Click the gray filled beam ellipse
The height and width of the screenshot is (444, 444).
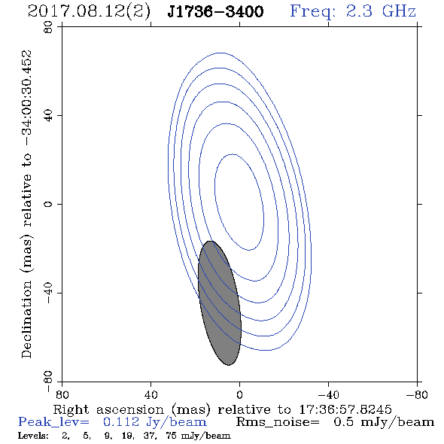220,303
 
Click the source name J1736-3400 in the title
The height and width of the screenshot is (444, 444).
215,11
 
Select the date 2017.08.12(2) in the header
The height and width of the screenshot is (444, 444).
89,12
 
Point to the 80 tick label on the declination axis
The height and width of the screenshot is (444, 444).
48,27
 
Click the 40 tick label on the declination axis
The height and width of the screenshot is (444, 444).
48,116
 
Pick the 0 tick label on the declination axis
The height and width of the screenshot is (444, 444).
48,204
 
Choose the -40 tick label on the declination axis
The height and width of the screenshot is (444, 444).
48,293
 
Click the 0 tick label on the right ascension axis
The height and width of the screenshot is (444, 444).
239,394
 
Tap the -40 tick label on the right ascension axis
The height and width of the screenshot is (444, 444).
328,394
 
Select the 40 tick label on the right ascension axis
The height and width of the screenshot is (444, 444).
151,394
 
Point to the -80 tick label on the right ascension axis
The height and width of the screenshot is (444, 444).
417,394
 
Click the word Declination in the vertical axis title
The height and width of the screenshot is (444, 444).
26,319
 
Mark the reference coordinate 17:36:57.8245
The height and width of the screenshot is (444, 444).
345,409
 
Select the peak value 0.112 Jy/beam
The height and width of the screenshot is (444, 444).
155,422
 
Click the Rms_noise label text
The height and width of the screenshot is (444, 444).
278,422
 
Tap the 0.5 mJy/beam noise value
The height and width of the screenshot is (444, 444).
384,422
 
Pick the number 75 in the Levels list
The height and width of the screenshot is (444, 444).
172,435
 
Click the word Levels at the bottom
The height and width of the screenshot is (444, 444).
33,435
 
